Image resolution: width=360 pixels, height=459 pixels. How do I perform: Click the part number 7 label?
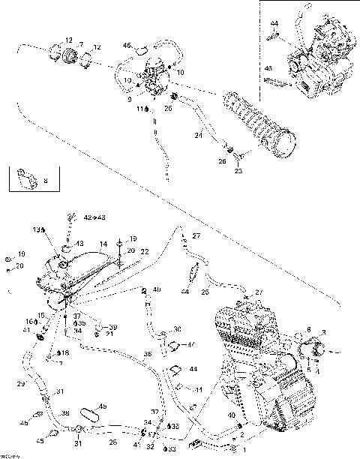[80, 46]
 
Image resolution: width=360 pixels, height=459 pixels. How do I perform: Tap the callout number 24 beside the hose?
[199, 135]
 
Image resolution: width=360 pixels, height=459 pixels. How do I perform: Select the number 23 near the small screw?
[239, 170]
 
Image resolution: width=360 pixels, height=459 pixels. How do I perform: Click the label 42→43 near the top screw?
[94, 217]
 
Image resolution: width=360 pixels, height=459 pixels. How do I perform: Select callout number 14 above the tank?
[103, 244]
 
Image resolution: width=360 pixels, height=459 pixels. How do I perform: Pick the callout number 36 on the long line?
[147, 353]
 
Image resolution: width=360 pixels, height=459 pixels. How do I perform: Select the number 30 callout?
[177, 329]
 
